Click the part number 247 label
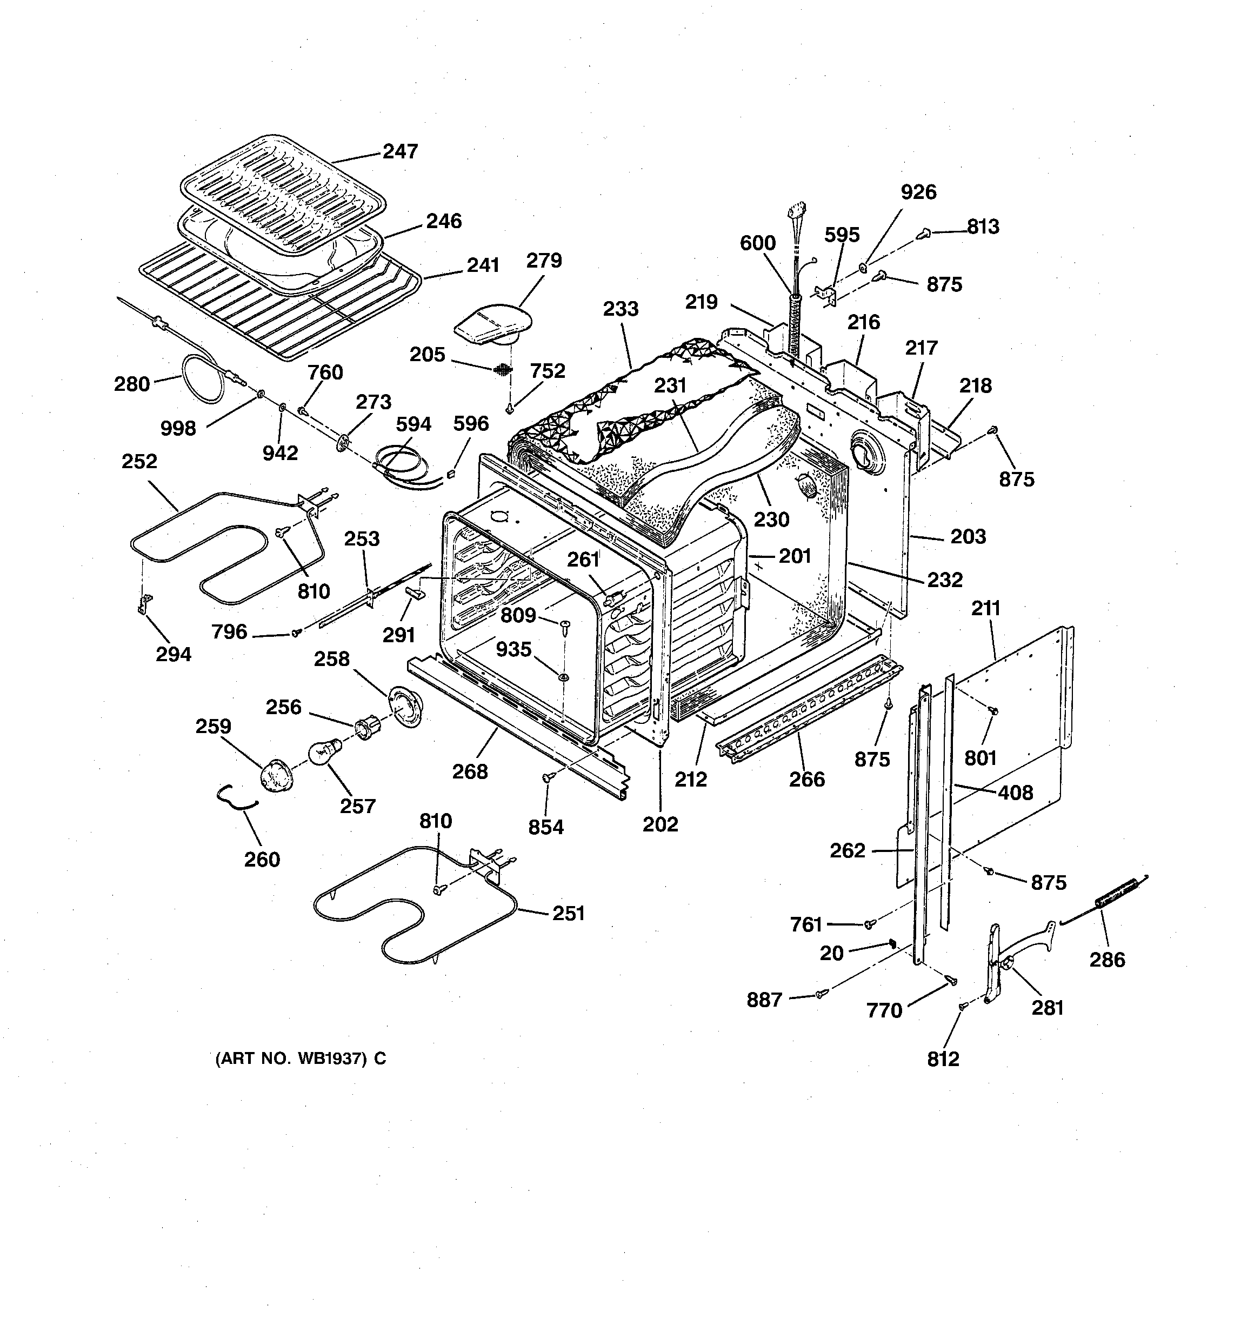[x=400, y=151]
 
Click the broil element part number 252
[x=139, y=462]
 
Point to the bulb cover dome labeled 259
[x=275, y=775]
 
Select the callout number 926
[x=918, y=192]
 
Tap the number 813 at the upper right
[x=983, y=227]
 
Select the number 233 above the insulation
[x=620, y=309]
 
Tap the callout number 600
[x=757, y=243]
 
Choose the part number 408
[x=1015, y=793]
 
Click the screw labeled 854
[x=547, y=777]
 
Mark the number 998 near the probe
[x=178, y=428]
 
